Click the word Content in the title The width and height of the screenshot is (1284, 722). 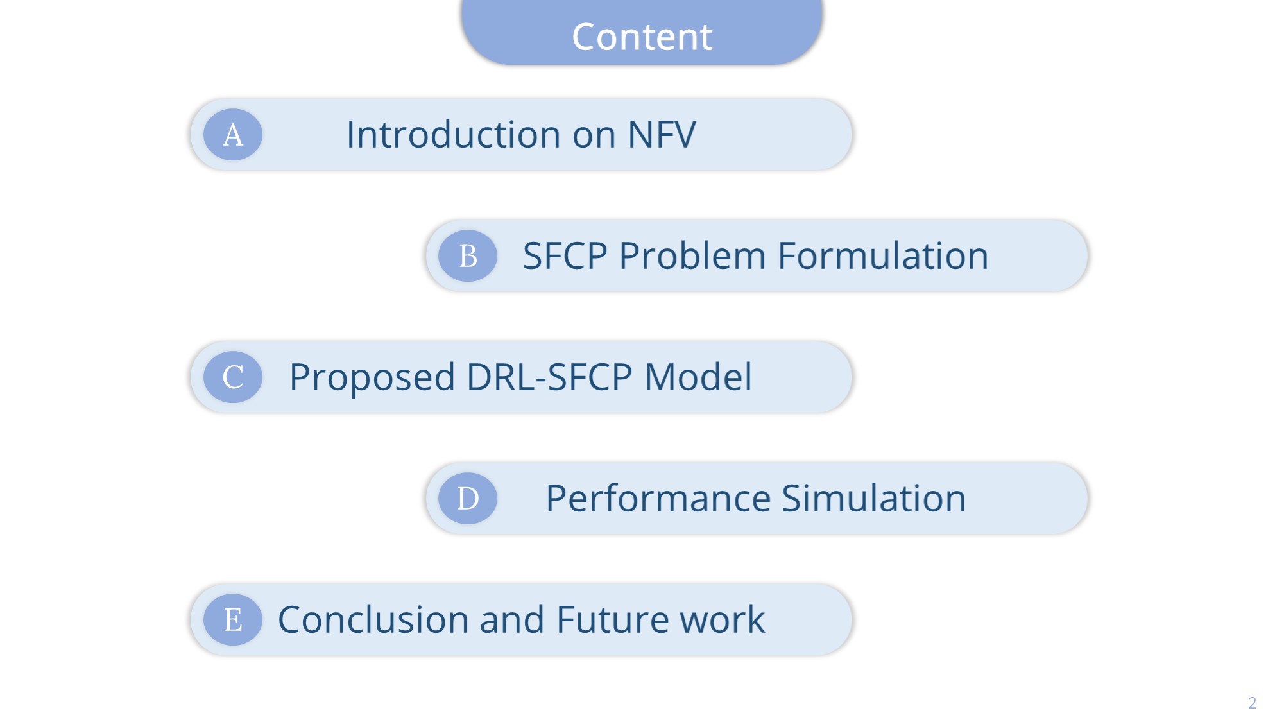[642, 37]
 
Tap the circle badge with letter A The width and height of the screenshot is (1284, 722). [233, 135]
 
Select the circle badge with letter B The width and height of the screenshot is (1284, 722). [468, 256]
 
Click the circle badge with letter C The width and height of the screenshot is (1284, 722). [233, 377]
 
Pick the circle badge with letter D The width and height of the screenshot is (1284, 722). [468, 499]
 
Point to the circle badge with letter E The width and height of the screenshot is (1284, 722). [233, 620]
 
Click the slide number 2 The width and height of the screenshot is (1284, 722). [1252, 703]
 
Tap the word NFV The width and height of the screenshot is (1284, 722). [662, 135]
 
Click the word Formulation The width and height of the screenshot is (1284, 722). [883, 256]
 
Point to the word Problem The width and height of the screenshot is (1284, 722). [692, 256]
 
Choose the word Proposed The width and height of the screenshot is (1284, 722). [372, 377]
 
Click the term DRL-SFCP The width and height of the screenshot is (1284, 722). [549, 377]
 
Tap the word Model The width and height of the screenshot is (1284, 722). [698, 377]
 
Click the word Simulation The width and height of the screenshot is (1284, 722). [874, 499]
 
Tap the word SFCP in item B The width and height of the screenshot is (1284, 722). [565, 256]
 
